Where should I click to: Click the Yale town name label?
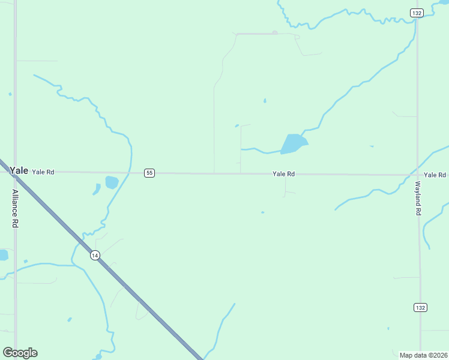pos(19,170)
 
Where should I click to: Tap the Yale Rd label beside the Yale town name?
pos(43,172)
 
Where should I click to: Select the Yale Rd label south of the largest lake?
pos(283,174)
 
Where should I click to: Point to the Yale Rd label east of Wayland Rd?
pos(435,175)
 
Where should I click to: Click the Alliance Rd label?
pos(15,208)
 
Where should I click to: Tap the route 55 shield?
pos(149,173)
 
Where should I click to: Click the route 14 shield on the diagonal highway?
pos(95,255)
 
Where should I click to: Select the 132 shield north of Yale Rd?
pos(416,13)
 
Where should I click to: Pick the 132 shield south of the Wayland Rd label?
pos(420,307)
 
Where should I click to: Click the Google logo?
pos(20,353)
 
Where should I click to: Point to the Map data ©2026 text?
pos(423,355)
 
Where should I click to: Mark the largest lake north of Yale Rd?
pos(294,143)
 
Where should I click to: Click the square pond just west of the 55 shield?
pos(112,182)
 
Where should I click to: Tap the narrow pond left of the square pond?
pos(97,189)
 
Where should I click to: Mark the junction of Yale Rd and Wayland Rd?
pos(418,175)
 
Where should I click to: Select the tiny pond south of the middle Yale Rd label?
pos(262,212)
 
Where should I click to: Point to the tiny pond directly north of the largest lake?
pos(265,101)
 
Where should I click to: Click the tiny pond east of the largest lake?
pos(372,146)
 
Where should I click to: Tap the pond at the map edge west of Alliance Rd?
pos(3,255)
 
